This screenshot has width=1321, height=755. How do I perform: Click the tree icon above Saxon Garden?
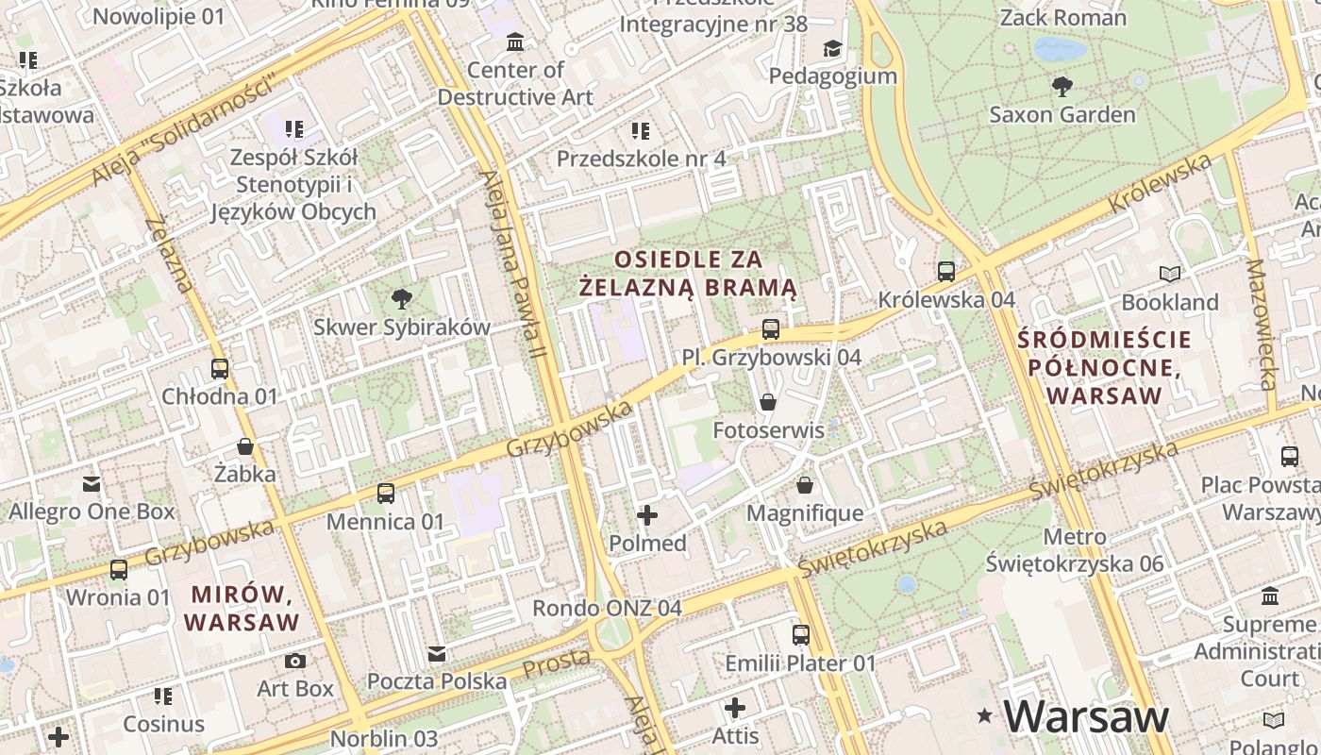[x=1062, y=87]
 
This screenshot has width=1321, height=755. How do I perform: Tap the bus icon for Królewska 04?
[x=946, y=272]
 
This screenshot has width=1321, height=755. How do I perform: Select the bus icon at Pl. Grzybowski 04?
[x=771, y=329]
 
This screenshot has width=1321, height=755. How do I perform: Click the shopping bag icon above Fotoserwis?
[x=768, y=403]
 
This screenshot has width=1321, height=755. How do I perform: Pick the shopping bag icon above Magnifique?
[x=805, y=485]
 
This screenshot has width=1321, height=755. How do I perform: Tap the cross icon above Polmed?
[x=647, y=515]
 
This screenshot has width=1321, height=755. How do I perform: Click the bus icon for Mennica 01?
[x=385, y=494]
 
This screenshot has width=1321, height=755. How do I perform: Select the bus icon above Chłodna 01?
[x=220, y=369]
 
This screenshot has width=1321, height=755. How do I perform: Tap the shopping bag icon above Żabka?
[x=245, y=446]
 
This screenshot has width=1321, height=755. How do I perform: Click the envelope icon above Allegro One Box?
[x=92, y=484]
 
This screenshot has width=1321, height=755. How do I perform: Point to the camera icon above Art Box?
[x=295, y=661]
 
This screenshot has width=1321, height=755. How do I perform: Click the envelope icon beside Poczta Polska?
[x=437, y=654]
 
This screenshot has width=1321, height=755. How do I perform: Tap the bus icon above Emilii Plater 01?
[x=801, y=635]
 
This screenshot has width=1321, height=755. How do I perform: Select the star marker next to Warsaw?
[x=986, y=716]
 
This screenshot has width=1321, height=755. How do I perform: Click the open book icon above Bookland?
[x=1170, y=275]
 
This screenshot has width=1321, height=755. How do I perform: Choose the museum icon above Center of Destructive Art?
[x=515, y=42]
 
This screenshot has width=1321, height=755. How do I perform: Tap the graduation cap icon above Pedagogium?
[x=831, y=48]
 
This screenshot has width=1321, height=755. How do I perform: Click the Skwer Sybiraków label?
[x=402, y=327]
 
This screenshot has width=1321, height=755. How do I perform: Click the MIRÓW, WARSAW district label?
[x=242, y=609]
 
